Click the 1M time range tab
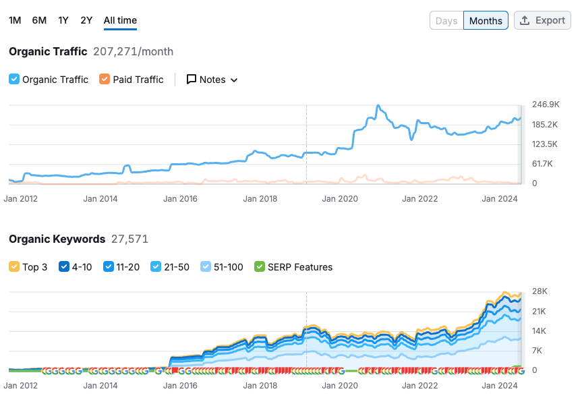click(15, 20)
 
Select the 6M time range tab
click(39, 20)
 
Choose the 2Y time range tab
click(86, 20)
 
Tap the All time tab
click(120, 20)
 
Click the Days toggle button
click(446, 21)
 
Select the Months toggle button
click(486, 21)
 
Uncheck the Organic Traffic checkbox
click(14, 80)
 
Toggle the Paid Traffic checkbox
click(105, 80)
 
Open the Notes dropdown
click(212, 80)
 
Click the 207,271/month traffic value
click(133, 51)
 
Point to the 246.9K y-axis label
click(546, 105)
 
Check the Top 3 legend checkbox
click(14, 267)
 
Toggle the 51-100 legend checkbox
click(206, 267)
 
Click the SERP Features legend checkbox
click(260, 267)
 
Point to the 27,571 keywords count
click(129, 239)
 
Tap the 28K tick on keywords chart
click(540, 291)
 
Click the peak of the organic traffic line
click(378, 106)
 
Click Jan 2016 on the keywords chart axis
click(180, 386)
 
